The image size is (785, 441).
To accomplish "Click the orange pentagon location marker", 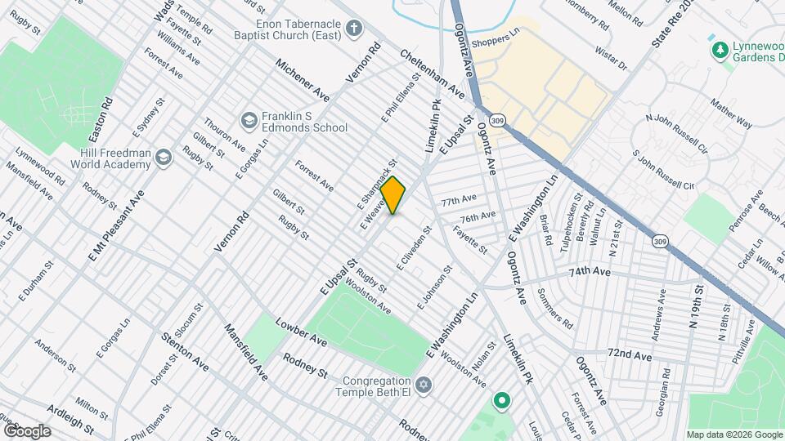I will click(393, 196).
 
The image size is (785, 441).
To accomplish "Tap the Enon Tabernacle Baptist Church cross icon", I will click(354, 30).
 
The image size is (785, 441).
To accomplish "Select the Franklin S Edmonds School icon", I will click(248, 122).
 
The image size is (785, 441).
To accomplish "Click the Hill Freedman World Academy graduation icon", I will click(164, 156).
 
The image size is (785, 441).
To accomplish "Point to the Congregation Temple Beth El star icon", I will click(423, 384).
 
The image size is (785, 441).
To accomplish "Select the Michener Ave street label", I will click(302, 79).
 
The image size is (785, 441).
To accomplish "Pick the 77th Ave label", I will click(459, 200).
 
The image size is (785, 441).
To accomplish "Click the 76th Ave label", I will click(478, 217).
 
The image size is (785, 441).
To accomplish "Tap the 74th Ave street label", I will click(590, 270).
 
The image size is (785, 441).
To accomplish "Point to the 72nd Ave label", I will click(629, 355).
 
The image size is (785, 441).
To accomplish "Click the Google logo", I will click(26, 431).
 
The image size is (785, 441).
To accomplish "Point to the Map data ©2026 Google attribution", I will click(733, 434).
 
